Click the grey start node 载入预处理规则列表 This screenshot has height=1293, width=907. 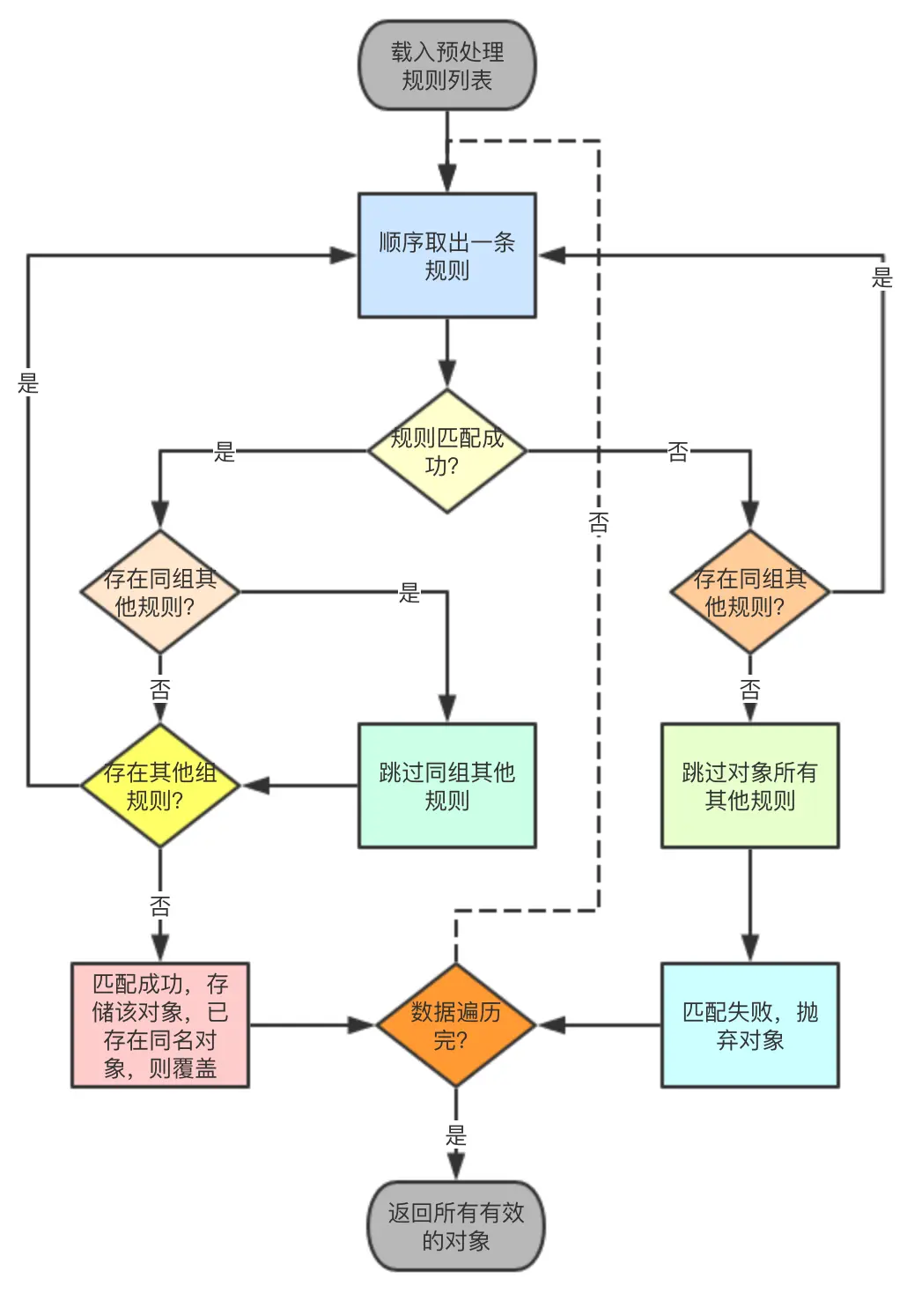tap(446, 66)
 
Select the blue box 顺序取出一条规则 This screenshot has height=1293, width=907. tap(446, 255)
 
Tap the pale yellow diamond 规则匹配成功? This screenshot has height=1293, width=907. tap(446, 451)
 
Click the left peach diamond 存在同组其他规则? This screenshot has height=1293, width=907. tap(159, 592)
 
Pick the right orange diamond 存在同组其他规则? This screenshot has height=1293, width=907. tap(749, 592)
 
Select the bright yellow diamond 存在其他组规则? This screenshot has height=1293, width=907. tap(159, 786)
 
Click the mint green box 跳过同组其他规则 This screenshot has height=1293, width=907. tap(446, 786)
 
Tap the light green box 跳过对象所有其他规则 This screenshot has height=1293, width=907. tap(749, 786)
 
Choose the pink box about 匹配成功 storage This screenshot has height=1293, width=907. tap(159, 1025)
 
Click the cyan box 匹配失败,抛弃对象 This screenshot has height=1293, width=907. tap(749, 1025)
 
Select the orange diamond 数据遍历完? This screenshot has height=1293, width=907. tap(455, 1025)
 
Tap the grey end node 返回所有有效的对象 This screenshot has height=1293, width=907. tap(455, 1226)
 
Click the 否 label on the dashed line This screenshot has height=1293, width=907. tap(599, 523)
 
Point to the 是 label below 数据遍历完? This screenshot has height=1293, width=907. tap(455, 1134)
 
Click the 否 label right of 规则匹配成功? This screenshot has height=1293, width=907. tap(677, 452)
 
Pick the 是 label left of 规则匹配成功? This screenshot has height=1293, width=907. tap(225, 452)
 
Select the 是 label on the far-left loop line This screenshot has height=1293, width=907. tap(28, 383)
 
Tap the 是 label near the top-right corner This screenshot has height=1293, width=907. tap(881, 278)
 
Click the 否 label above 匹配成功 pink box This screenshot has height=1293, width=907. tap(159, 905)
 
